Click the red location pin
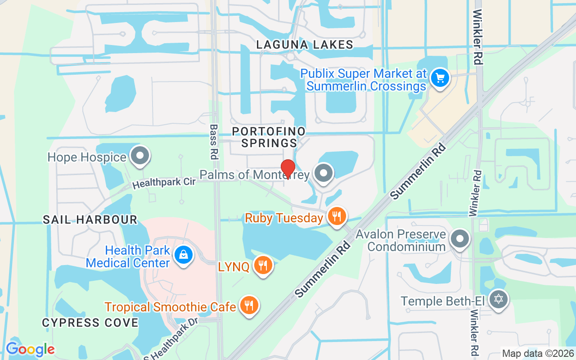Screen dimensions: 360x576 point(288,168)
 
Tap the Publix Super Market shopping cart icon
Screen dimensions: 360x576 point(440,78)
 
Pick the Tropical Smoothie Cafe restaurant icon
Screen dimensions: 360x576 point(248,306)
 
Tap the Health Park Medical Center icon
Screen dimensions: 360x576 point(184,255)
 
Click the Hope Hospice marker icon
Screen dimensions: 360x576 point(140,156)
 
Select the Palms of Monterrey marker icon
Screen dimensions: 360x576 point(323,173)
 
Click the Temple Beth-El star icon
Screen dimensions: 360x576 point(498,299)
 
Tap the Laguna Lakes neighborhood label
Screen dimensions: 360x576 point(305,45)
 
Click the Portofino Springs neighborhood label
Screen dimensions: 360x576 point(269,137)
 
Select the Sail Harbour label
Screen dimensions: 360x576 point(90,220)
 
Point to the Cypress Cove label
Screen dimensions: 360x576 point(90,323)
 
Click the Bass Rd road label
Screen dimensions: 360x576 point(213,142)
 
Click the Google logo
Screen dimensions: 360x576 point(30,349)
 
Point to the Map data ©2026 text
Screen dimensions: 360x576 point(538,354)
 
